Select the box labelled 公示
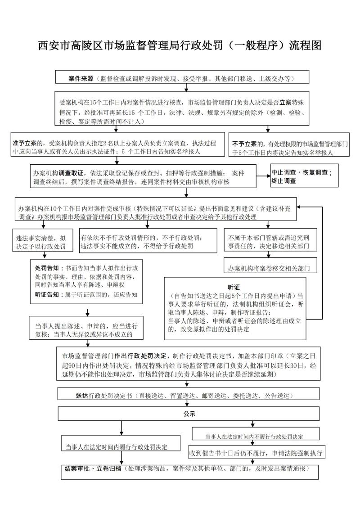189,412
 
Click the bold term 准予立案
25,144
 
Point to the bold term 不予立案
244,144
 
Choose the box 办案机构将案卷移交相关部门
270,268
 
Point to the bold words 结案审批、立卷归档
93,468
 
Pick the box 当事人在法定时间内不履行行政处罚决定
254,437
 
